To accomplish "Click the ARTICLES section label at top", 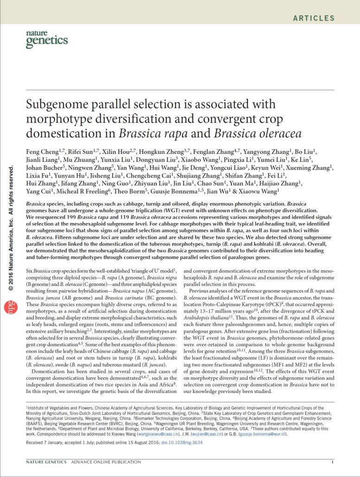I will click(x=313, y=19).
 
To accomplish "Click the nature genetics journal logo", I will click(x=47, y=39).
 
